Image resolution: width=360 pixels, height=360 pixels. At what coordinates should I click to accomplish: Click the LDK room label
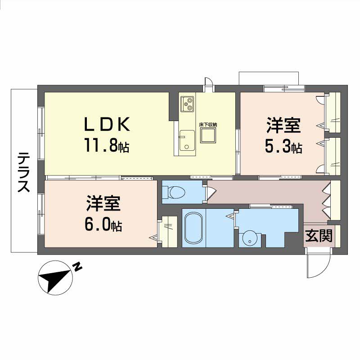tap(107, 124)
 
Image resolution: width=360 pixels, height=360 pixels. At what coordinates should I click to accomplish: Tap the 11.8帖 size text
tap(107, 145)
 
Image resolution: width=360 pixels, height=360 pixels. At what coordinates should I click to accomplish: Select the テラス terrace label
tap(24, 172)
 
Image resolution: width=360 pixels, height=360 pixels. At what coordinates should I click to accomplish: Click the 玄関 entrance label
tap(319, 235)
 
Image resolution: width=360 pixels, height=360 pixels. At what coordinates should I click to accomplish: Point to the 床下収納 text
tap(208, 125)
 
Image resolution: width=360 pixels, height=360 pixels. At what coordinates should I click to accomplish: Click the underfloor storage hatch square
tap(208, 135)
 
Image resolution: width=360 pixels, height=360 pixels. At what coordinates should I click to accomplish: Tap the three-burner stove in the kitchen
tap(187, 104)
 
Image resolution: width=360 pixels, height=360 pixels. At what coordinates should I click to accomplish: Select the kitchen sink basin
tap(187, 140)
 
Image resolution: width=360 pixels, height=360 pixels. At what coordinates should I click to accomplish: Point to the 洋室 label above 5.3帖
tap(283, 125)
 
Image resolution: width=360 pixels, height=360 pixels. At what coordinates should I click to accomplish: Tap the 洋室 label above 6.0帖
tap(103, 203)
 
